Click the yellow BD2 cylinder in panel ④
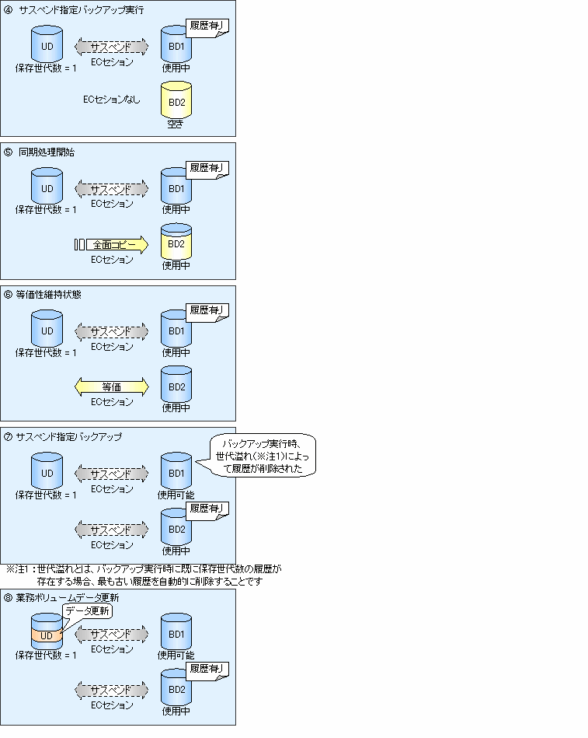coord(176,100)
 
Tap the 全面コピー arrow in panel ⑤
coord(111,245)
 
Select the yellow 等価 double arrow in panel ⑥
coord(111,386)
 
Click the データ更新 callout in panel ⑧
coord(88,611)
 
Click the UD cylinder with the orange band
coord(47,631)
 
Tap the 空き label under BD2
coord(176,124)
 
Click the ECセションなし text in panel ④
coord(111,100)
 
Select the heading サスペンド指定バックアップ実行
coord(82,10)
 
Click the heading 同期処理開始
coord(47,152)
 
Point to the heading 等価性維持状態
coord(49,295)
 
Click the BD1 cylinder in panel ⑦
coord(176,471)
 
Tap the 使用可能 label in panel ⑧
coord(176,655)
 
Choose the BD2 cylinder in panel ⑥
coord(176,384)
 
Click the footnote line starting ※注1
coord(144,569)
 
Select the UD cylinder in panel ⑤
coord(47,187)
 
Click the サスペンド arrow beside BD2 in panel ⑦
coord(111,530)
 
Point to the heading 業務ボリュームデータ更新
coord(68,598)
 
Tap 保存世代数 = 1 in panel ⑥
coord(46,352)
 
